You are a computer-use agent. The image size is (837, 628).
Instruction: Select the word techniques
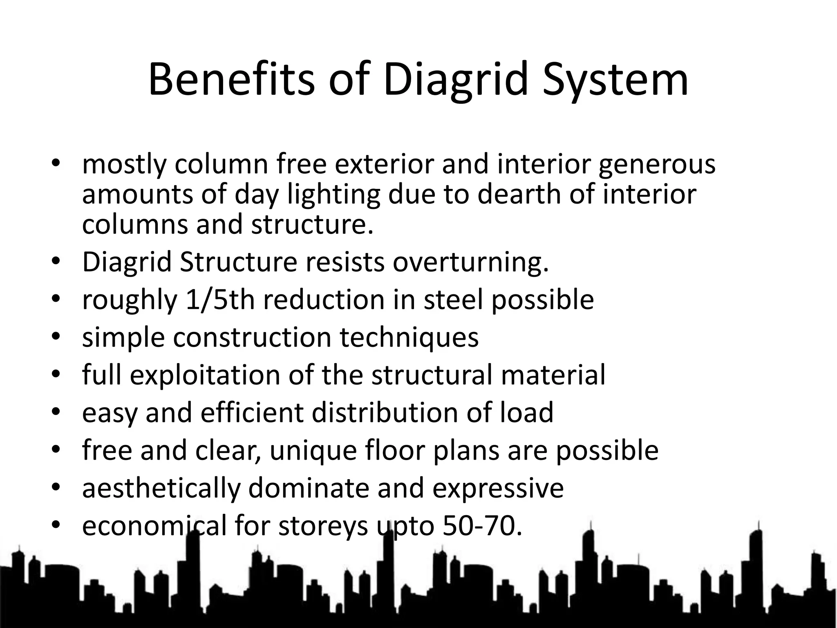(x=409, y=337)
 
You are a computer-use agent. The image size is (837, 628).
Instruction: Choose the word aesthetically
(x=161, y=488)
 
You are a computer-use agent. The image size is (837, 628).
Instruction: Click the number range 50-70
(x=482, y=526)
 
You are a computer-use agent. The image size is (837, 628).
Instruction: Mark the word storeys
(x=323, y=526)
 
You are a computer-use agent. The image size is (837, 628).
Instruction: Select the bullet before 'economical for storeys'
(x=56, y=525)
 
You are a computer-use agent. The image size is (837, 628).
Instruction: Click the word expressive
(x=498, y=488)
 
